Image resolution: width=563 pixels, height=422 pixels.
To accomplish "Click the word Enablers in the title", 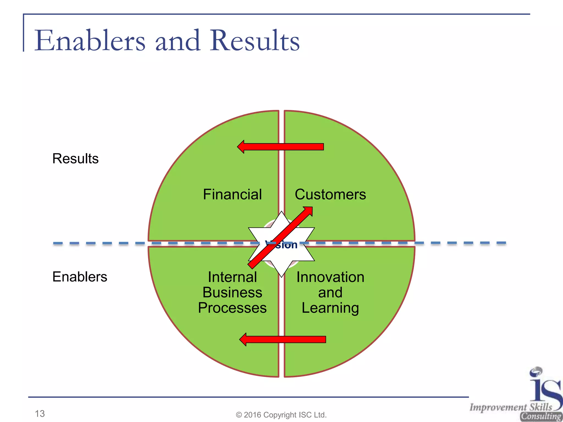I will (90, 41).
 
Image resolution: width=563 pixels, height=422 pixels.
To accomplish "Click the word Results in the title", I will (255, 41).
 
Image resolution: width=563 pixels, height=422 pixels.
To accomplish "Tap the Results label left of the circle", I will (75, 159).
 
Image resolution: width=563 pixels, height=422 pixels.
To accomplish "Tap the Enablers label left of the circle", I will (80, 277).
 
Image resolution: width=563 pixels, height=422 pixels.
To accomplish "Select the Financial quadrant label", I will (232, 195).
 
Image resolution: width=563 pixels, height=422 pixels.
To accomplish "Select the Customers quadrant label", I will (330, 195).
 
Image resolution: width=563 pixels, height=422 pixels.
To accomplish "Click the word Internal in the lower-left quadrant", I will (232, 277).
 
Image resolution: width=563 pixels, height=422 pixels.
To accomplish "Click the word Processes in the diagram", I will (232, 308).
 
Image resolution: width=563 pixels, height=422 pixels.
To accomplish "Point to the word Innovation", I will (330, 277).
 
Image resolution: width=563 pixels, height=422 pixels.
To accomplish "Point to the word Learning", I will (330, 308).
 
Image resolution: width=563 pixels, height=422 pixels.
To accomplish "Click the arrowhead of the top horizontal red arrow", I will (241, 147).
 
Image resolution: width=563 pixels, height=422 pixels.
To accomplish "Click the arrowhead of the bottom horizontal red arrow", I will (243, 340).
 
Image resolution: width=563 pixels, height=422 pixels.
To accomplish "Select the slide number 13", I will (40, 413).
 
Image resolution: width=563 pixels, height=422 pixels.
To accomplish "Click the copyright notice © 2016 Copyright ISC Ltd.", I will (281, 415).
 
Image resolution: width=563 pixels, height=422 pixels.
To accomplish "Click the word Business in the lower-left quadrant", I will (232, 293).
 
